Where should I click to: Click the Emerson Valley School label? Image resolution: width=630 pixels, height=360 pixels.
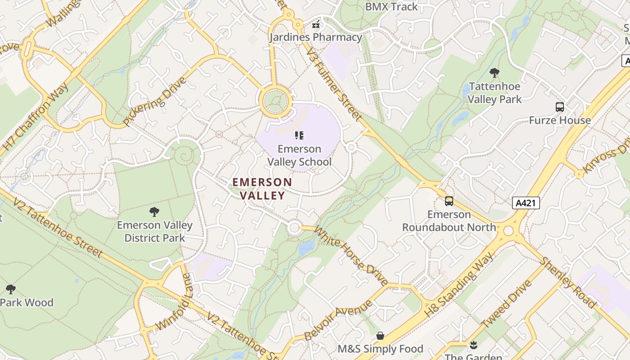299,155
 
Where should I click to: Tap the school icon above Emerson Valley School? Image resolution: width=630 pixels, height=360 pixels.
299,135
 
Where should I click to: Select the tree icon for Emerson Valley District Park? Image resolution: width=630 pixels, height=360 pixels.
154,211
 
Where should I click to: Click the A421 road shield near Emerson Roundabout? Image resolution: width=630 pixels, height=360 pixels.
526,203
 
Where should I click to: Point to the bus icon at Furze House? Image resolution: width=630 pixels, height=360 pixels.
560,107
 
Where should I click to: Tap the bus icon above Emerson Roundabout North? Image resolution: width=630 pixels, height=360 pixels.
449,201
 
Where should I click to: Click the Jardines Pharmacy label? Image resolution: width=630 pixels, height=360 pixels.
316,37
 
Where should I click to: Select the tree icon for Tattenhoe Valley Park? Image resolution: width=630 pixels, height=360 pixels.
494,73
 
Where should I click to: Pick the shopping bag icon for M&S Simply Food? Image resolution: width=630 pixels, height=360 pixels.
380,336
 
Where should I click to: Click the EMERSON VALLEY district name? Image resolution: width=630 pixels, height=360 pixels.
262,189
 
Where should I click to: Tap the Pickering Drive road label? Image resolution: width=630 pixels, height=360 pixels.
154,102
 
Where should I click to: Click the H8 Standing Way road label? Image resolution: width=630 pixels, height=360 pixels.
459,283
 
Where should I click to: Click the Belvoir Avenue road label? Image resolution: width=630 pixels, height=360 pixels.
338,320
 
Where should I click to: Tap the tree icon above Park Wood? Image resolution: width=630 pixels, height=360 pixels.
11,289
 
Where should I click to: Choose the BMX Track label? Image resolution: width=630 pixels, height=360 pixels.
391,7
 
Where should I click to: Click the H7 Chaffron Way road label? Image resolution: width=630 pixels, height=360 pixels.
35,117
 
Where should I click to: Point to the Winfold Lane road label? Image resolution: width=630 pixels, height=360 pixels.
173,306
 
